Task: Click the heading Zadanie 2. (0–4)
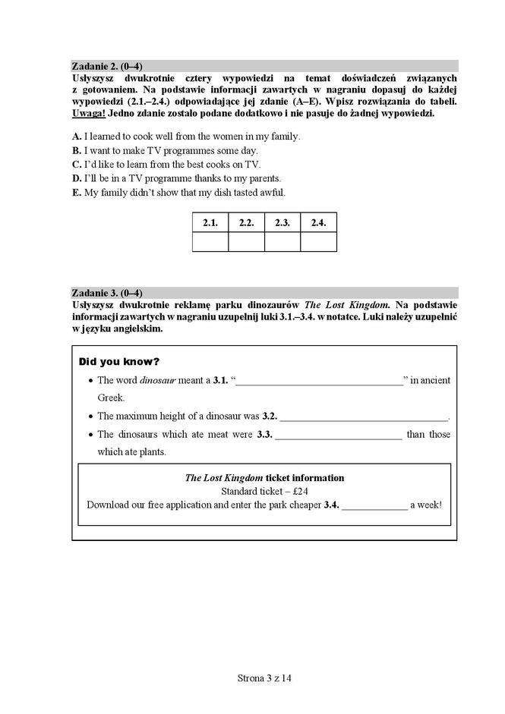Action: pos(107,65)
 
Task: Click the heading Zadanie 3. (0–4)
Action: pos(107,293)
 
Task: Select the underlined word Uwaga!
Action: pos(89,113)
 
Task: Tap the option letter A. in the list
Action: pos(77,137)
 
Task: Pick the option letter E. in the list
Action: pos(77,193)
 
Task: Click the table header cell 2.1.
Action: pos(210,223)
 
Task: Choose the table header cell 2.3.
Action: pos(282,223)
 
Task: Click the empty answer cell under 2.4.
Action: pos(318,242)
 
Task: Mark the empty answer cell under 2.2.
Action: pos(246,242)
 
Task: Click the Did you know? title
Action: pos(119,361)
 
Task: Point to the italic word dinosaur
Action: pos(157,380)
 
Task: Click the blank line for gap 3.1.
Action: pos(320,382)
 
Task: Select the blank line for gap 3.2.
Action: pos(364,418)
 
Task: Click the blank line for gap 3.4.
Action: pos(374,506)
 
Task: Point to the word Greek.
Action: pos(111,398)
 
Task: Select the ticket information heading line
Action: pos(264,478)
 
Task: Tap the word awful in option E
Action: pos(273,193)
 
